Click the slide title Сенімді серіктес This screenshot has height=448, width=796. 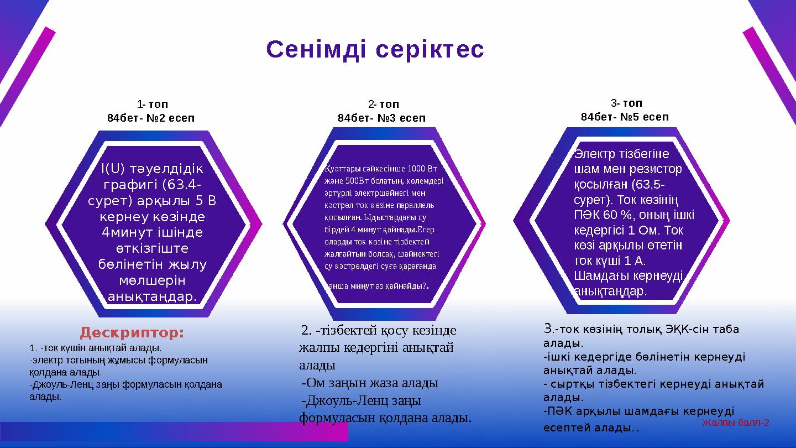tap(375, 50)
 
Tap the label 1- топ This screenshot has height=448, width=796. tap(153, 104)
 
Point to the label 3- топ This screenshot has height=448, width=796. tap(626, 103)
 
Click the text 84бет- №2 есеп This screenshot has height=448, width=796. tap(151, 118)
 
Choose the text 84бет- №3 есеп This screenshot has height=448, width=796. tap(381, 118)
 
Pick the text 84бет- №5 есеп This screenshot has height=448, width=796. tap(625, 117)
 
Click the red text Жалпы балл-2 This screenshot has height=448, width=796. tap(735, 423)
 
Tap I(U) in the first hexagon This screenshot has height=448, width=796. tap(112, 168)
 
